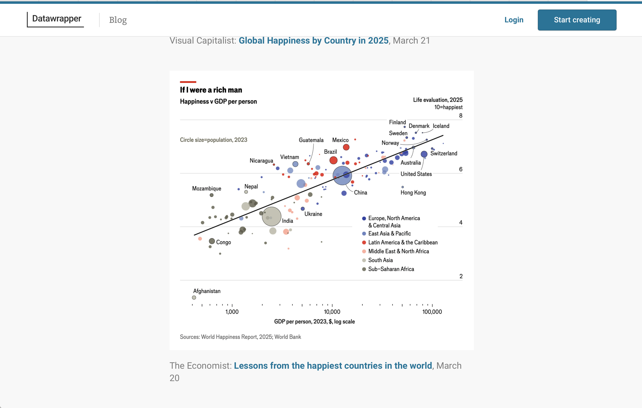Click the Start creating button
tap(577, 20)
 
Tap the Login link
tap(514, 20)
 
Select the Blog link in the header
tap(118, 20)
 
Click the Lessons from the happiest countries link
tap(333, 365)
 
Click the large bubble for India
tap(271, 216)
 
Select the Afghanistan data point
tap(194, 298)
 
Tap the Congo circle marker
tap(212, 241)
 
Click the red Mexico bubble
tap(346, 147)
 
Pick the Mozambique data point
tap(211, 195)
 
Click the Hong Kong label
tap(413, 193)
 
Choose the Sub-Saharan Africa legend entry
tap(391, 269)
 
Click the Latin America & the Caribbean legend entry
tap(403, 242)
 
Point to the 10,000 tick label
tap(332, 312)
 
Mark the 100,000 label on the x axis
tap(432, 312)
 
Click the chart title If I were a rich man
tap(211, 90)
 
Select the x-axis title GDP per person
tap(314, 322)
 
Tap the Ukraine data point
tap(303, 209)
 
